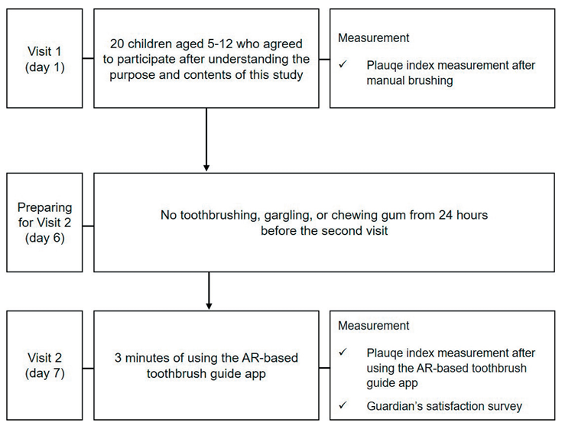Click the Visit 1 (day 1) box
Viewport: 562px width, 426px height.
coord(44,58)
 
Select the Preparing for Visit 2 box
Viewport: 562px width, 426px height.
coord(44,223)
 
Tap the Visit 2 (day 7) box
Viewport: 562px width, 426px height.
coord(44,365)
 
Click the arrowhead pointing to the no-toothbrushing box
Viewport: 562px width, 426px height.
coord(206,167)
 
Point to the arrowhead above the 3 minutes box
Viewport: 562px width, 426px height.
coord(209,306)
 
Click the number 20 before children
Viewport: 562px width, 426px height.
coord(117,44)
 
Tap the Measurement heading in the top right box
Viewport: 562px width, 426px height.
coord(373,37)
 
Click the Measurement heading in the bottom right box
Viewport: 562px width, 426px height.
coord(373,325)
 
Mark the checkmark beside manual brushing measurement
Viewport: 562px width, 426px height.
coord(343,64)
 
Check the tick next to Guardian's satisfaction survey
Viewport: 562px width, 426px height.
coord(343,405)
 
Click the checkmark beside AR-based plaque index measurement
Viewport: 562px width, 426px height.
coord(343,352)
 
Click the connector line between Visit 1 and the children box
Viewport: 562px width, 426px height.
coord(88,58)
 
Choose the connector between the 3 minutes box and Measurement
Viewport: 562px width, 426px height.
coord(324,368)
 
